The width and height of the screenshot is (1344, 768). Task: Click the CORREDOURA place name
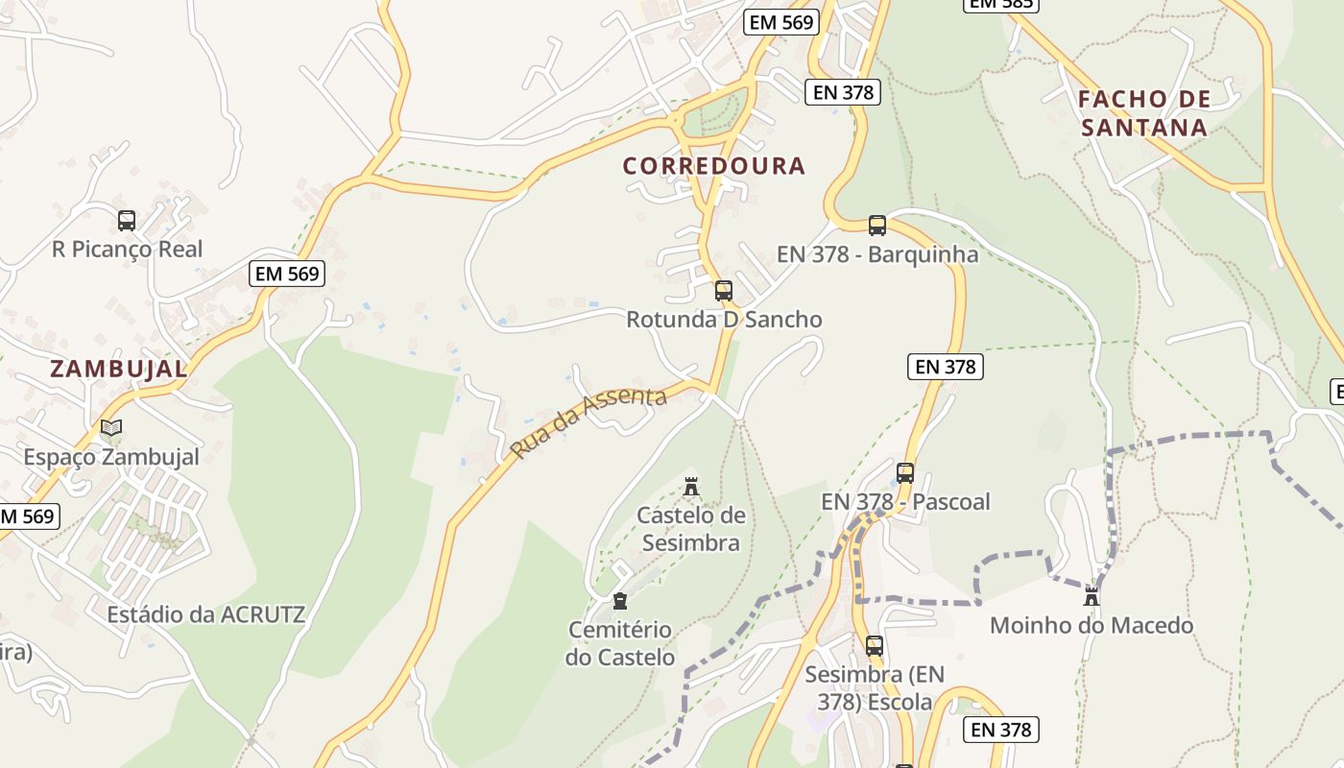713,166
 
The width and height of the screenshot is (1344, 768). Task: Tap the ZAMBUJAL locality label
118,369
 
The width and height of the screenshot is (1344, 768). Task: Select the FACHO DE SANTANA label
1143,113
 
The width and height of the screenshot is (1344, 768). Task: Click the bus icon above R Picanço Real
127,221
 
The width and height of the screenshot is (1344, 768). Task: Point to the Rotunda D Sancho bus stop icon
724,290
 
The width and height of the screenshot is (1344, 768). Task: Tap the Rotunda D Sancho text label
724,320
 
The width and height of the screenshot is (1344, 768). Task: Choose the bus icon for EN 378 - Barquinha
876,226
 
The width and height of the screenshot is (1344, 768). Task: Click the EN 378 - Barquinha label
876,254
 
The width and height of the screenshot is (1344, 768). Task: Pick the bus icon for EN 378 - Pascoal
904,472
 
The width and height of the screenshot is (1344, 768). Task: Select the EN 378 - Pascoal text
905,501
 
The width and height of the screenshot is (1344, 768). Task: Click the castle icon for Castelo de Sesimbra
691,487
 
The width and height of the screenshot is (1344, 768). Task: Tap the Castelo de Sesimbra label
691,529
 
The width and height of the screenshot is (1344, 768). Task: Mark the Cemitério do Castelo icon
620,601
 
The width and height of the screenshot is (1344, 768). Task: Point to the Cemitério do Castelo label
620,643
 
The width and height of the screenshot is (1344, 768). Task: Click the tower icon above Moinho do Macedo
1091,596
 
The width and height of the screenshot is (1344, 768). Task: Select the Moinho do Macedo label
1092,626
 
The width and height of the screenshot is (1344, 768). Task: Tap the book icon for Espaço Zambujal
111,428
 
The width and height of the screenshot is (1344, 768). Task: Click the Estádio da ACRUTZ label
205,614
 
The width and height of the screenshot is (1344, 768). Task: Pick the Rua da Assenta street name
588,422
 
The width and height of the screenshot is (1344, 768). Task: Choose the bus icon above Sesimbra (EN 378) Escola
874,646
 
